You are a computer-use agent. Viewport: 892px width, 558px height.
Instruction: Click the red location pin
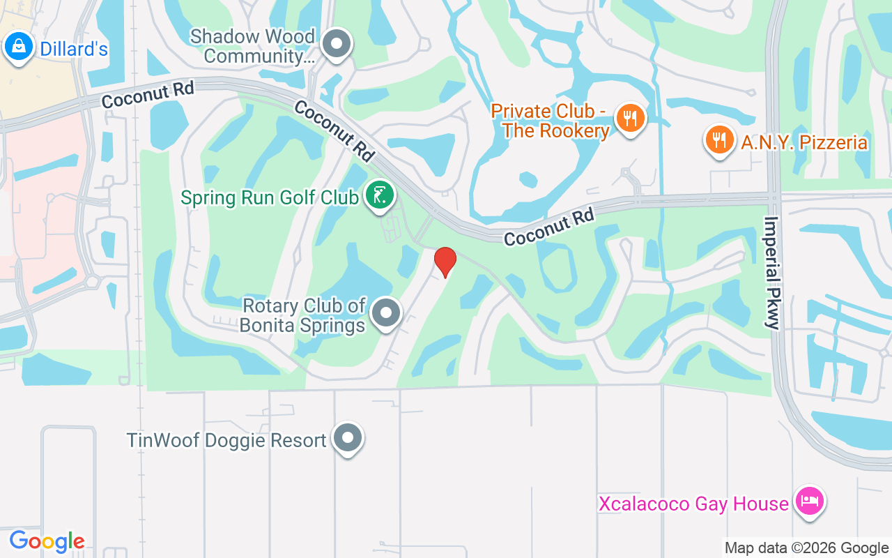tap(445, 262)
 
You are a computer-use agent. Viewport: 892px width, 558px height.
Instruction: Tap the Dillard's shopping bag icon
tap(17, 47)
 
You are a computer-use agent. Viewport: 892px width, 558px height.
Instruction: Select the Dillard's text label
tap(74, 48)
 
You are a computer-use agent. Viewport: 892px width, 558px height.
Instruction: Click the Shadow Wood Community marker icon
tap(338, 43)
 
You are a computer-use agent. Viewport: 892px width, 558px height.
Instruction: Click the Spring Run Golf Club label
tap(269, 197)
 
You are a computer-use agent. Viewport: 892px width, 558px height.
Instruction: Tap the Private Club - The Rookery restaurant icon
tap(631, 119)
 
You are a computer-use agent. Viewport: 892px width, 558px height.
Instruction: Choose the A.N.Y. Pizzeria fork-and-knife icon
tap(719, 140)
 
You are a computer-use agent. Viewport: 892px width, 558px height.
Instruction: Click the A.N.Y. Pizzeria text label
tap(804, 143)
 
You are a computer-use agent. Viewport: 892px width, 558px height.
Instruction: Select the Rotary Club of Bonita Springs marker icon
tap(386, 313)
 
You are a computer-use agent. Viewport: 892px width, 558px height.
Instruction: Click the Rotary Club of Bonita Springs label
tap(303, 315)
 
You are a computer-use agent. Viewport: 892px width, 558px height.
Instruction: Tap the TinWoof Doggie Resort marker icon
tap(348, 439)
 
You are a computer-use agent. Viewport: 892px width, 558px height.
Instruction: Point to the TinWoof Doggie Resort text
tap(226, 441)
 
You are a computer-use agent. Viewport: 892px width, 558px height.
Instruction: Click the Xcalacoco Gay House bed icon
tap(810, 502)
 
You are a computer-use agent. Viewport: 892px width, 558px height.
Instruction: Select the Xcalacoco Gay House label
tap(693, 504)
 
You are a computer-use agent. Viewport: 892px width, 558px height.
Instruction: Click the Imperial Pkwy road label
tap(772, 273)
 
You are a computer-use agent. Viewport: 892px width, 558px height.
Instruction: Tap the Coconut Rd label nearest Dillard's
tap(148, 96)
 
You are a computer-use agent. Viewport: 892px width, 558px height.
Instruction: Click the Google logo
tap(47, 541)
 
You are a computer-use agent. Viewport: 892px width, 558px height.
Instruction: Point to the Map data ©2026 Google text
tap(806, 548)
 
